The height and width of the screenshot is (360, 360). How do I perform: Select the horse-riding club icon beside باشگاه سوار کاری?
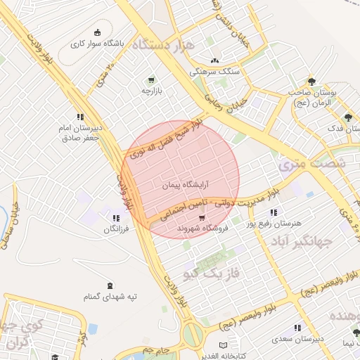(x=97, y=33)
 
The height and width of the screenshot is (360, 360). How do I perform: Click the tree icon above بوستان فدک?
(x=347, y=117)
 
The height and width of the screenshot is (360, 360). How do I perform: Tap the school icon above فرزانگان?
(x=115, y=219)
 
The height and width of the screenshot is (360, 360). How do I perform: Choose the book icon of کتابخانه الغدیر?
(x=223, y=346)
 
